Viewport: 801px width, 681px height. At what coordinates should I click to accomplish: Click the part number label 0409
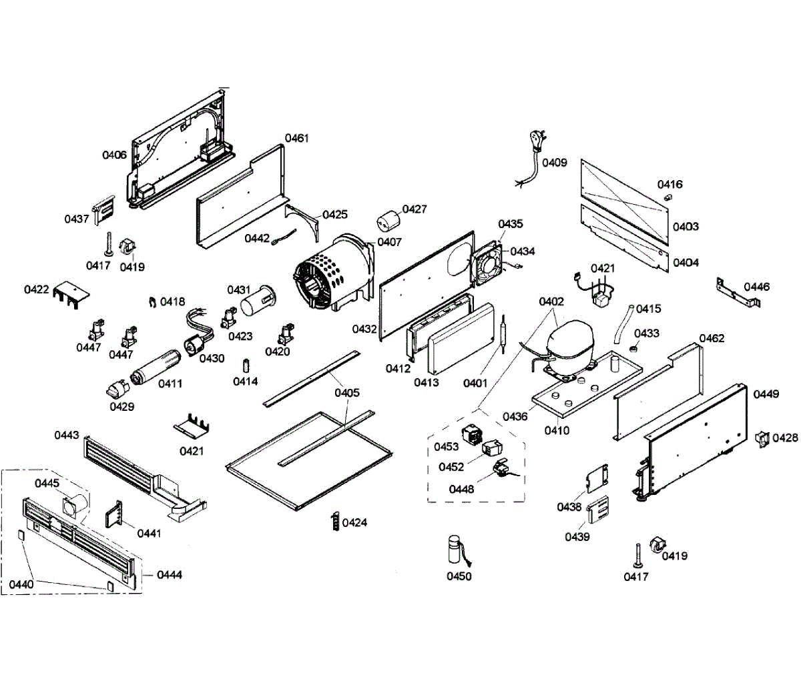coord(554,162)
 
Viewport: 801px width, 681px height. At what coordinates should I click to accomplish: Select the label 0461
coord(297,138)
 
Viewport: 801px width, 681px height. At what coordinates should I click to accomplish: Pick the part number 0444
coord(170,574)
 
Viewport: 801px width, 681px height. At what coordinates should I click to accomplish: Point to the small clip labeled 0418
coord(153,303)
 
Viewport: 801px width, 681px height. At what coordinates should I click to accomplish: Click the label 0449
coord(766,394)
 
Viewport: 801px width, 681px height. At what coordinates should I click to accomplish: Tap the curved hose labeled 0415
coord(622,323)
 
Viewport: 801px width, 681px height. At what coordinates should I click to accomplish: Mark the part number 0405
coord(347,392)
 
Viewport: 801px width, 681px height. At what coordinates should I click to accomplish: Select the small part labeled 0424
coord(336,522)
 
